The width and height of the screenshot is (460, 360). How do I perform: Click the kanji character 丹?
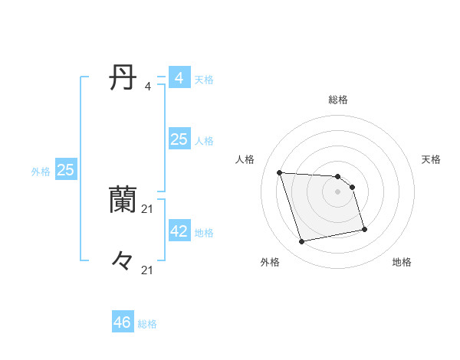point(123,78)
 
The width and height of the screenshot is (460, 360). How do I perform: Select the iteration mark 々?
point(123,261)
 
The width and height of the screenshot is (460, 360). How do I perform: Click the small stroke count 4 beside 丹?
point(147,87)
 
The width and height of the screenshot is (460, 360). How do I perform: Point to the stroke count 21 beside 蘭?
point(148,209)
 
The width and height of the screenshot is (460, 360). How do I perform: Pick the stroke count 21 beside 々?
point(148,270)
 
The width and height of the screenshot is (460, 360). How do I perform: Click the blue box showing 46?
point(123,322)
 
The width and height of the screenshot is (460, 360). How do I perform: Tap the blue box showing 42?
point(179,231)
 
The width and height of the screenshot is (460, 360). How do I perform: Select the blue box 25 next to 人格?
point(179,139)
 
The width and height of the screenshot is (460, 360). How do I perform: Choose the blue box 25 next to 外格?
point(65,170)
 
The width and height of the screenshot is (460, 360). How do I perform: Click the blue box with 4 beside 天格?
point(179,78)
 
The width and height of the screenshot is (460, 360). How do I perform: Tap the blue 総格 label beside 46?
point(147,324)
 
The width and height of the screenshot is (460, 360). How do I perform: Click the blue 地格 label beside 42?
point(205,233)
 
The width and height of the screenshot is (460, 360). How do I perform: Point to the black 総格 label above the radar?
point(338,100)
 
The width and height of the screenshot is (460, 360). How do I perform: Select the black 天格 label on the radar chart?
point(431,159)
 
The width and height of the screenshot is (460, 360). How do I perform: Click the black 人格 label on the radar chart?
point(245,159)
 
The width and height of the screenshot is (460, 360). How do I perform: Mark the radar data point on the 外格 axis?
point(302,242)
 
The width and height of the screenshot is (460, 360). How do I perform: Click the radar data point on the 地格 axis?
point(364,229)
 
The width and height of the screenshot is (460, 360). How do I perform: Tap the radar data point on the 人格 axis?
point(280,172)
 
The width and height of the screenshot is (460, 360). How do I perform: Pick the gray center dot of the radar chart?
point(338,191)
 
